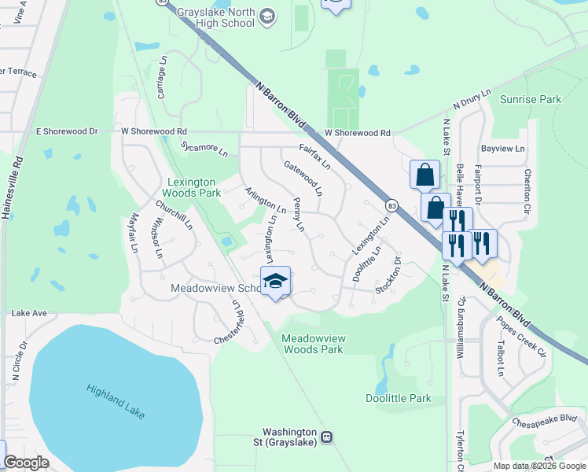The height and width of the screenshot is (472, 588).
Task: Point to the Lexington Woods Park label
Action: [192, 187]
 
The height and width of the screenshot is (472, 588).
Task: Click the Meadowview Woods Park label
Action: [313, 343]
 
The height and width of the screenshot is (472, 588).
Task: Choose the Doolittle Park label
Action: [399, 398]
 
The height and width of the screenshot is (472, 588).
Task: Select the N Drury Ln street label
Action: [472, 106]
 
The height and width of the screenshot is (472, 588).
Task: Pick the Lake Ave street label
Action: [29, 313]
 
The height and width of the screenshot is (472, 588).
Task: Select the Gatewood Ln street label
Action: [303, 178]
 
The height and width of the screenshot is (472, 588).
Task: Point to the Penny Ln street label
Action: [298, 215]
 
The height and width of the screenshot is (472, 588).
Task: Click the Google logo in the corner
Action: [25, 463]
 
